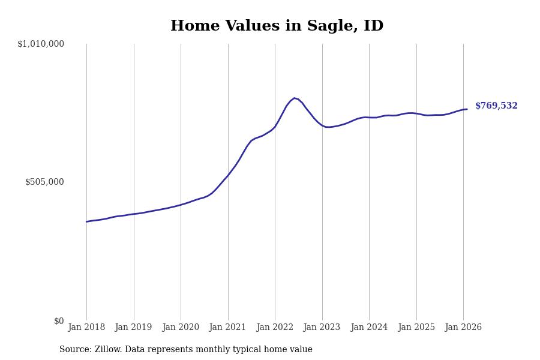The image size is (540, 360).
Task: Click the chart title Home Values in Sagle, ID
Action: tap(277, 26)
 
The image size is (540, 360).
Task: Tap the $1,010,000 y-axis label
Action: tap(41, 44)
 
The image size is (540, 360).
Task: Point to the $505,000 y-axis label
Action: tap(44, 182)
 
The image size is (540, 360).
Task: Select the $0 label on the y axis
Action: tap(59, 321)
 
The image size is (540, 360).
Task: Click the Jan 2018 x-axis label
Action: tap(86, 328)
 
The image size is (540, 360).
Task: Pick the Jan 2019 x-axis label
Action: tap(133, 328)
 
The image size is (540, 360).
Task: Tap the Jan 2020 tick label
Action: tap(181, 328)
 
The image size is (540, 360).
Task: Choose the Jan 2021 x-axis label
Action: tap(228, 328)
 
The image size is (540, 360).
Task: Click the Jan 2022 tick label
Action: tap(275, 328)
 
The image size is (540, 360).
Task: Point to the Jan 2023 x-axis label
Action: tap(322, 328)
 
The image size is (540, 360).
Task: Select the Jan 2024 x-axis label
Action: tap(369, 328)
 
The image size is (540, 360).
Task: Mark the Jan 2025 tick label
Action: tap(416, 328)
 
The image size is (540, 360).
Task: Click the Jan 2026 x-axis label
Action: tap(463, 328)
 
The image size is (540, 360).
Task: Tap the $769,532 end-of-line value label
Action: tap(496, 106)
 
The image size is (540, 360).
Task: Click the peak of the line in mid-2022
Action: tap(294, 98)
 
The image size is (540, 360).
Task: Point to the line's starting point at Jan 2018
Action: tap(86, 222)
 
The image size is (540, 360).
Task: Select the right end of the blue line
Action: tap(467, 109)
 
